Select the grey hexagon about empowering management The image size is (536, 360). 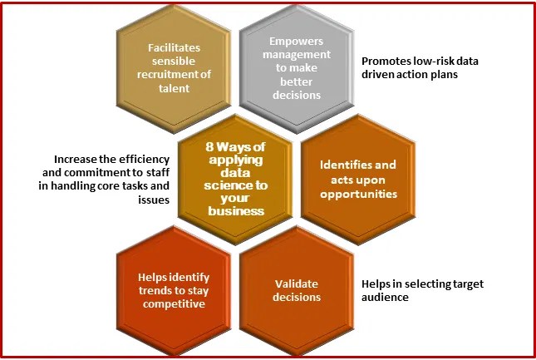(298, 67)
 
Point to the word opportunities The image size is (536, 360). (358, 193)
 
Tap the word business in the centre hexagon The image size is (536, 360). (236, 211)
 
